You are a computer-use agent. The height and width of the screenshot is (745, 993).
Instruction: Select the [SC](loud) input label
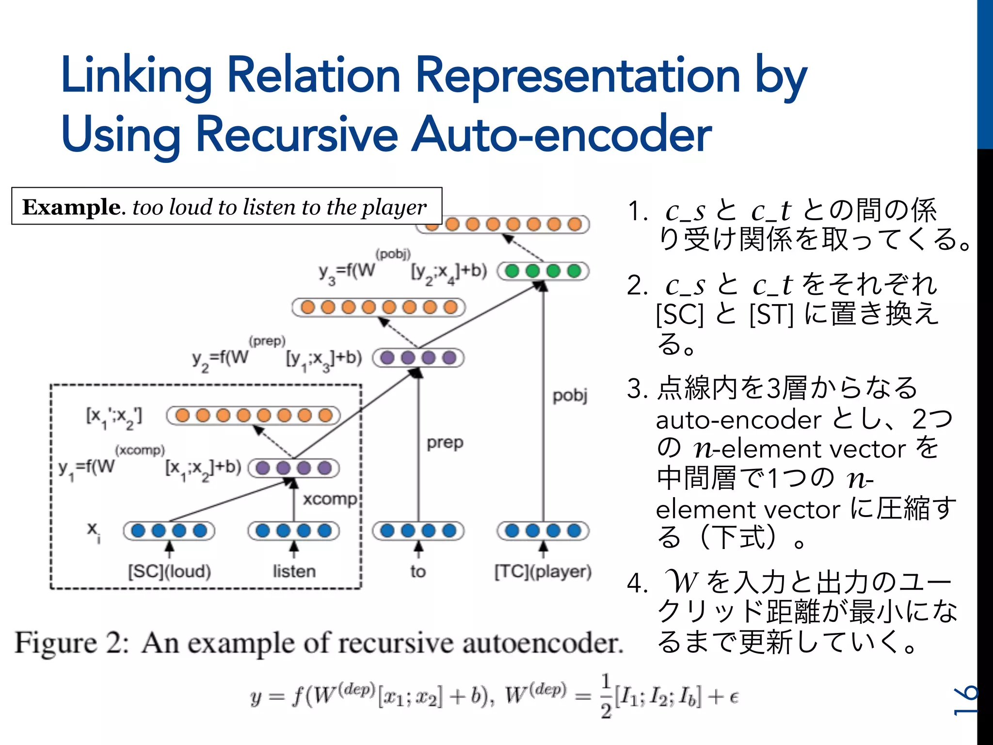[x=169, y=571]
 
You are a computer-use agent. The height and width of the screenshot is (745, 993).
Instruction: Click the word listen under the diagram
[x=294, y=571]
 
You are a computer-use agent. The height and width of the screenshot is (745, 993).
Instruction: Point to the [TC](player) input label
[x=543, y=571]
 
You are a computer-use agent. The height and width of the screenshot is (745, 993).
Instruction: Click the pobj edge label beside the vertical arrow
[x=570, y=396]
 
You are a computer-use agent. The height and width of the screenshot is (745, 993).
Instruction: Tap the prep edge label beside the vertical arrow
[x=445, y=443]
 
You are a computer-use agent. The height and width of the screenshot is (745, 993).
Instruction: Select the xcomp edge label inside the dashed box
[x=330, y=499]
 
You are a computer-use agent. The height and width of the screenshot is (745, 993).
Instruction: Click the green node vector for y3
[x=543, y=271]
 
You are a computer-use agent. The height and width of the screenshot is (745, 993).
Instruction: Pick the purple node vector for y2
[x=418, y=358]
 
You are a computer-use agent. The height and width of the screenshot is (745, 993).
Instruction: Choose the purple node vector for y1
[x=294, y=468]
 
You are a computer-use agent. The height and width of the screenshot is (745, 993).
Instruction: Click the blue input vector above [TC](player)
[x=543, y=531]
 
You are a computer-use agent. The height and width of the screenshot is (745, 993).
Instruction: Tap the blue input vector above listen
[x=294, y=531]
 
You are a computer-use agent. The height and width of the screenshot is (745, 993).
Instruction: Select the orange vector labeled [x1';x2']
[x=254, y=416]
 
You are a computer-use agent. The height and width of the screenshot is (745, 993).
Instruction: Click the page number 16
[x=965, y=701]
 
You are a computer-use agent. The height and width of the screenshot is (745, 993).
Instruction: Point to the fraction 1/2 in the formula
[x=606, y=696]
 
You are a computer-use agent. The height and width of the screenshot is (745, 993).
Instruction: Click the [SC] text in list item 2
[x=679, y=314]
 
